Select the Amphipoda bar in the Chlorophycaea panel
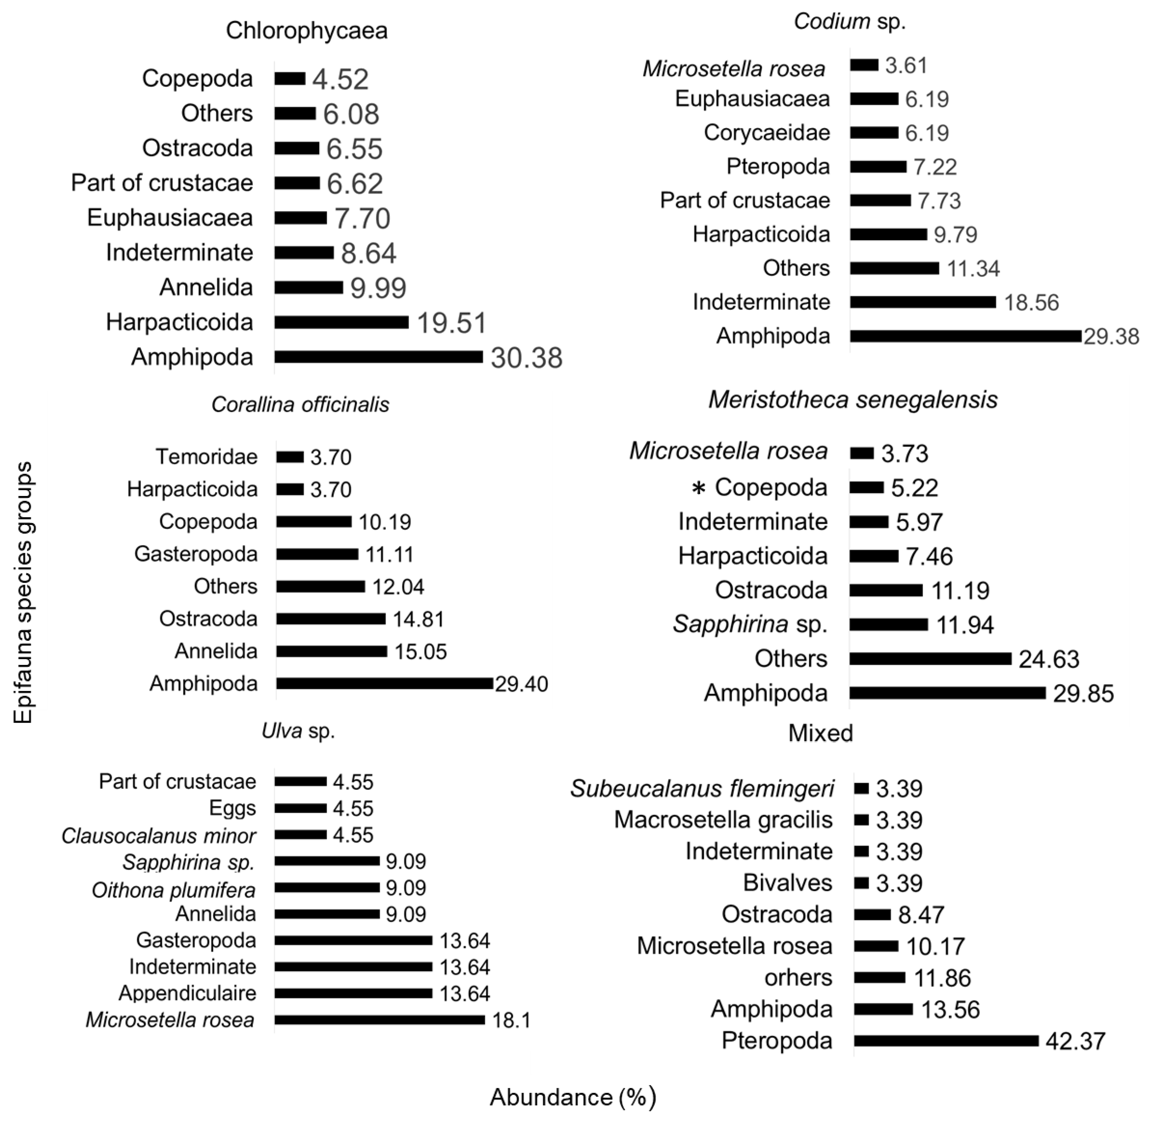[x=379, y=357]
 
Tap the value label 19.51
[x=452, y=323]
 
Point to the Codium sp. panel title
[x=849, y=22]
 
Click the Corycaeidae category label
[x=767, y=133]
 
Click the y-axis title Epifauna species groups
[x=24, y=592]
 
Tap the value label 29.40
[x=521, y=684]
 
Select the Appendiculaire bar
[x=353, y=993]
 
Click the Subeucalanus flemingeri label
[x=702, y=788]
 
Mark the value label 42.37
[x=1075, y=1041]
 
